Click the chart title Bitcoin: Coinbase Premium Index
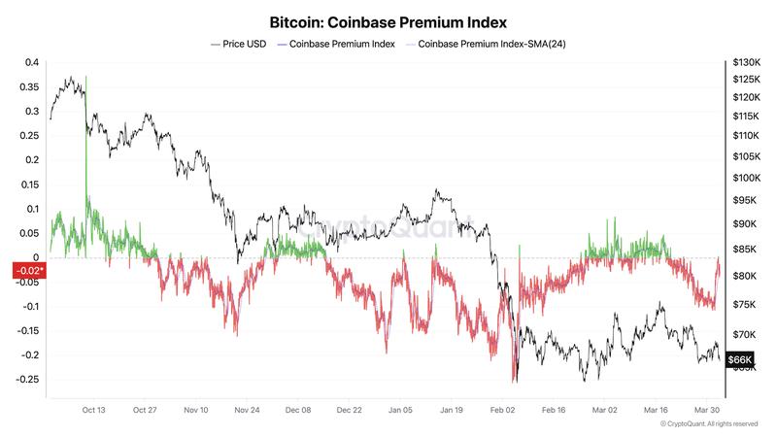(x=388, y=20)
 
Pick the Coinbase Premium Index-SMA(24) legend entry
(x=486, y=45)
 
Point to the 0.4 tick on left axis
(x=31, y=63)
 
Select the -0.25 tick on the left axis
(x=28, y=379)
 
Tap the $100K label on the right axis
(x=747, y=179)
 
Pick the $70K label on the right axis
(x=745, y=333)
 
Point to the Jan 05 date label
(x=399, y=411)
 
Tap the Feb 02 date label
(x=502, y=411)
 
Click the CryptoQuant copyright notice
(x=709, y=424)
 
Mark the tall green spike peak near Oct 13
(x=85, y=77)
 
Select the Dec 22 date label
(x=348, y=411)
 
